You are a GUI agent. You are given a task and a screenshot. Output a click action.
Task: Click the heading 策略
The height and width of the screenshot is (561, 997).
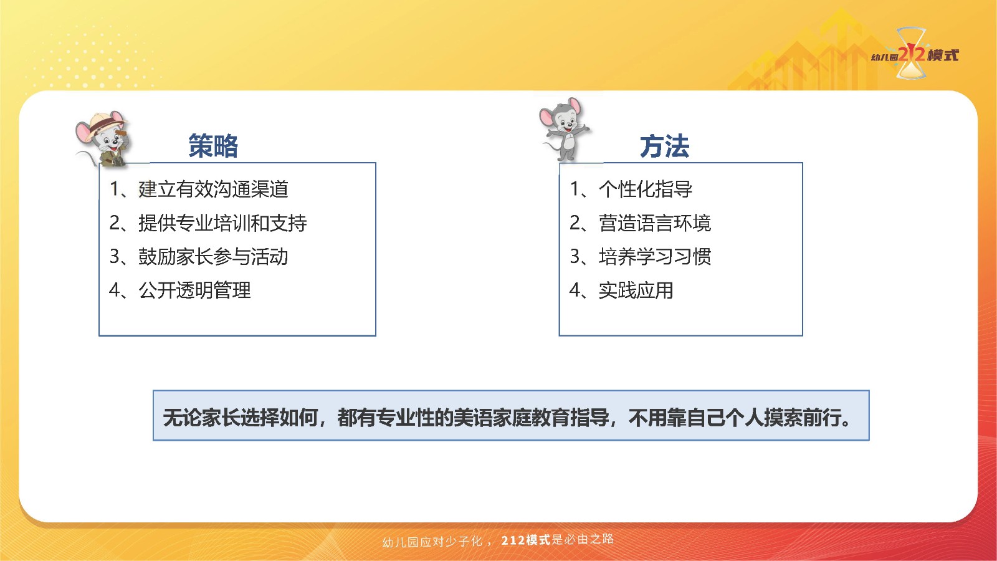tap(213, 146)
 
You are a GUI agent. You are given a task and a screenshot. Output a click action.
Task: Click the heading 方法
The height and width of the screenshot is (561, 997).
tap(664, 146)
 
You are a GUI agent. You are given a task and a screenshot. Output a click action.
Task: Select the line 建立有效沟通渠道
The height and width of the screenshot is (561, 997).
tap(213, 189)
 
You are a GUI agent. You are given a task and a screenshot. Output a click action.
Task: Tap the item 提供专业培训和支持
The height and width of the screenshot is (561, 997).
tap(222, 223)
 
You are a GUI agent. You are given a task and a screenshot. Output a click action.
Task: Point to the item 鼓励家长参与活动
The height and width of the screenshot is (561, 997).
tap(213, 256)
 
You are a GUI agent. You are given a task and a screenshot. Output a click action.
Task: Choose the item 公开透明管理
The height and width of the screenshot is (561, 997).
tap(194, 290)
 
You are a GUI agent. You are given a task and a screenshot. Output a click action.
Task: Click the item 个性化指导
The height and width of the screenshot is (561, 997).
tap(646, 189)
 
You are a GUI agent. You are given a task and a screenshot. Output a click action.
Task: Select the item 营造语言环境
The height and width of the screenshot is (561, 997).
tap(655, 223)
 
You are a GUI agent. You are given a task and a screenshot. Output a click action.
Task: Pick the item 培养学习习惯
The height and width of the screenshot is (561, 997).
tap(655, 256)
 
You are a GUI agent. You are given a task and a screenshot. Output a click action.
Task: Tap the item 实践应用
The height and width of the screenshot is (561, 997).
tap(636, 290)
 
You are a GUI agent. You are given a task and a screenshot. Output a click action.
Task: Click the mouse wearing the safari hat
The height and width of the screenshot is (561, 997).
tap(103, 140)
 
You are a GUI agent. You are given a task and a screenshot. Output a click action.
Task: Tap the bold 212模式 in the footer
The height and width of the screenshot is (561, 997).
tap(526, 540)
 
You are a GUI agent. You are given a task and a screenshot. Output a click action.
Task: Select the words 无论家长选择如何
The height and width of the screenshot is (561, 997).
tap(241, 418)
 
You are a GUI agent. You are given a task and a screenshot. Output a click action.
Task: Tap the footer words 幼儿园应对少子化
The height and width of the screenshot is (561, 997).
tap(432, 542)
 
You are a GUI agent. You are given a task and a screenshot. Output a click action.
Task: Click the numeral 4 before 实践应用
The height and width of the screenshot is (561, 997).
tap(575, 290)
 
